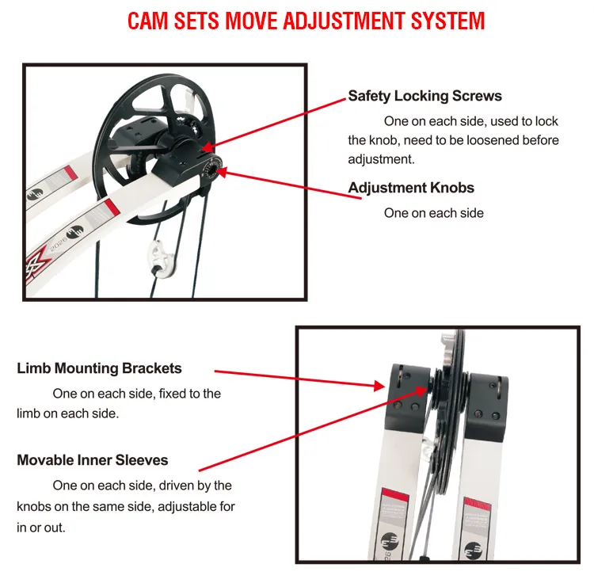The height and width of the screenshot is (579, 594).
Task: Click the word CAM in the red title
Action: [147, 21]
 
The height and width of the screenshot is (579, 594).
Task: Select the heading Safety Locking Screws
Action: [425, 96]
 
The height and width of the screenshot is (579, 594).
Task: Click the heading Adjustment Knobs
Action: [411, 188]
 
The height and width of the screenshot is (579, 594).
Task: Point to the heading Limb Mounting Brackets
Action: [99, 368]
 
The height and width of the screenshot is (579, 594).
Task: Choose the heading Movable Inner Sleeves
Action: [93, 460]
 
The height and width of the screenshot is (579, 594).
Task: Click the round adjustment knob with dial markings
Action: [211, 168]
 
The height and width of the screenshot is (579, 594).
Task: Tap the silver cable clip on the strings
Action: [162, 259]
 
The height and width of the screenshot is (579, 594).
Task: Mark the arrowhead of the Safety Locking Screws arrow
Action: [208, 147]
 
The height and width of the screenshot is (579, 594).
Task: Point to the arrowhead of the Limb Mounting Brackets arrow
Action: [379, 386]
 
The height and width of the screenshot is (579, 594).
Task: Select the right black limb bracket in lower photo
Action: [487, 406]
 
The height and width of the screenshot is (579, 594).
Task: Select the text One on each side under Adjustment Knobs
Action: [434, 213]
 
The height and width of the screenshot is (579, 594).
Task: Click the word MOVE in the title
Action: [252, 21]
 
